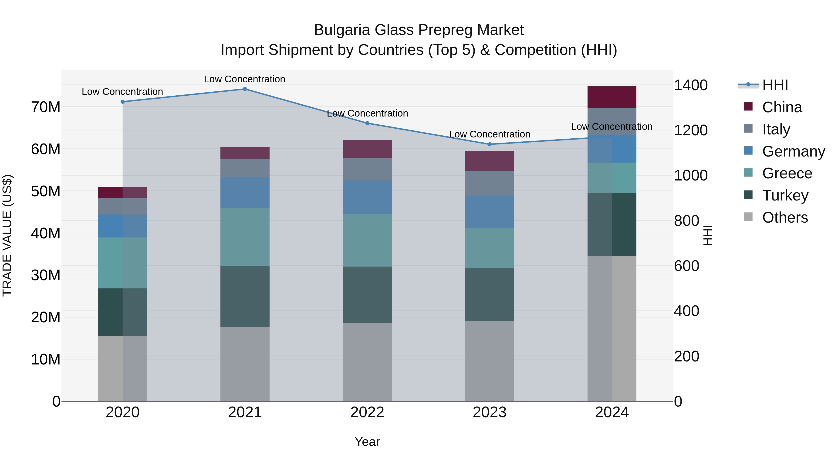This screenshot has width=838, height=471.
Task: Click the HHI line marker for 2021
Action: pos(245,89)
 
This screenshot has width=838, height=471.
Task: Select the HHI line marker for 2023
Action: pos(490,144)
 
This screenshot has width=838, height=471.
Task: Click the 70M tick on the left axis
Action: pos(46,107)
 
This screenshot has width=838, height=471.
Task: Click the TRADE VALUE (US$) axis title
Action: pos(7,235)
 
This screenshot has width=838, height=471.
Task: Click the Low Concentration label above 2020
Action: pos(122,92)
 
